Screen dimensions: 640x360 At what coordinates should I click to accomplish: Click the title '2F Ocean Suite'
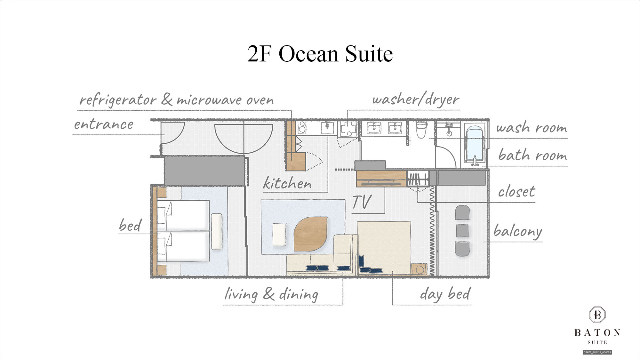[320, 53]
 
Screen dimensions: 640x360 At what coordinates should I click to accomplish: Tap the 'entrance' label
[104, 124]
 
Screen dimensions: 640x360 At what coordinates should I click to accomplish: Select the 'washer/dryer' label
[416, 100]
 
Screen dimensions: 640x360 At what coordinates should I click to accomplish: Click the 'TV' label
[362, 202]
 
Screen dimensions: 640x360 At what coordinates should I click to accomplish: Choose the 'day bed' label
[445, 294]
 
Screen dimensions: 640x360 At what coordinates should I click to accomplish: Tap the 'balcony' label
[517, 231]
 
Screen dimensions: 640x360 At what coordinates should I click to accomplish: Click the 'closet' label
[516, 191]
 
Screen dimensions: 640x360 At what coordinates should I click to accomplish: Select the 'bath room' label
[532, 155]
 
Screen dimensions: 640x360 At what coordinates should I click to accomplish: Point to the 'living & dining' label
[271, 294]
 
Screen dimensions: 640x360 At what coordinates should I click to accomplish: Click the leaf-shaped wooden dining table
[310, 234]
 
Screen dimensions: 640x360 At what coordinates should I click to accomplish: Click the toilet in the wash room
[421, 129]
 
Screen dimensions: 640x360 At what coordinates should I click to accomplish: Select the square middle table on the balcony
[462, 231]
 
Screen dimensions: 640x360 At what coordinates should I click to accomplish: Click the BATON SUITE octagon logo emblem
[597, 315]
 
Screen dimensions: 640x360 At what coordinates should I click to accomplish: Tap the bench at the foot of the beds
[217, 231]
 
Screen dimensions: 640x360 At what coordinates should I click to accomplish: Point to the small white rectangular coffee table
[279, 235]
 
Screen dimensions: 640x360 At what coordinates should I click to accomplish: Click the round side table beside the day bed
[420, 269]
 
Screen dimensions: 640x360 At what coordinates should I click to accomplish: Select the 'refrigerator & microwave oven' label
[177, 100]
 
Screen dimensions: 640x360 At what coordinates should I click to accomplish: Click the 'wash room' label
[532, 127]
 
